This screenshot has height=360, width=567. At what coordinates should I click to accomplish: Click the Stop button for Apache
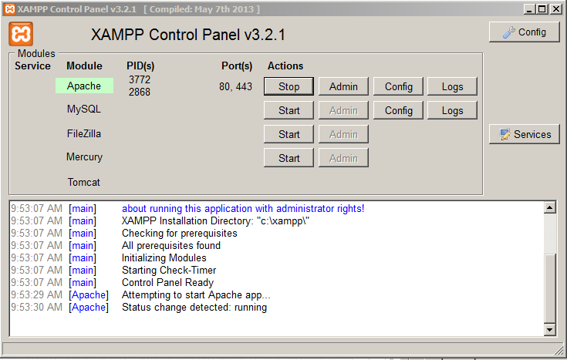coord(289,86)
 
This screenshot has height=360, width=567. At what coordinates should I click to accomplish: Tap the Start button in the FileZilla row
coord(289,134)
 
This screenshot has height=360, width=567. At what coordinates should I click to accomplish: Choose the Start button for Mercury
coord(289,158)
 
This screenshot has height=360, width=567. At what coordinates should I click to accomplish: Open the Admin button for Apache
coord(343,86)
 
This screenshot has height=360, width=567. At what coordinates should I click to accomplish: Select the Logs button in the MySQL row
coord(452,110)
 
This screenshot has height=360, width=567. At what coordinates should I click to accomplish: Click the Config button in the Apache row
coord(398,86)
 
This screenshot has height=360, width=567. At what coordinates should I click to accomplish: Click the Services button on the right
coord(525,134)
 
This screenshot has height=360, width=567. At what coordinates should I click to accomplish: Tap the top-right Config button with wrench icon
coord(525,32)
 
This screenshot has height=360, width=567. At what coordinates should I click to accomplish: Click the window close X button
coord(556,9)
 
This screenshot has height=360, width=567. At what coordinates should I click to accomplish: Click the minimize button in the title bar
coord(529,9)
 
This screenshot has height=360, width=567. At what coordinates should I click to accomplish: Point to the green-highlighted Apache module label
coord(84,86)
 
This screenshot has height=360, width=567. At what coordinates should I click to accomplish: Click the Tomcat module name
coord(83,182)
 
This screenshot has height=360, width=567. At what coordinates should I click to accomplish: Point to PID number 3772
coord(140,79)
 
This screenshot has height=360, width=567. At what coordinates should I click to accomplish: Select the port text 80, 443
coord(235,87)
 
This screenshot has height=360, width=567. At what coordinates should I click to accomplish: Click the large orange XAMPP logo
coord(21,34)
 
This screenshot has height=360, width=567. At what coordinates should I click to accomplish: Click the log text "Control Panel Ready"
coord(168,282)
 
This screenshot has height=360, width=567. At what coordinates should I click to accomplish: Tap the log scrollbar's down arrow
coord(549,329)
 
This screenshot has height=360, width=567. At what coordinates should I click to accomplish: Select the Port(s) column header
coord(237,66)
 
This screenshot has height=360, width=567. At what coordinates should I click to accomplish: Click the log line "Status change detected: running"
coord(194,308)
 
